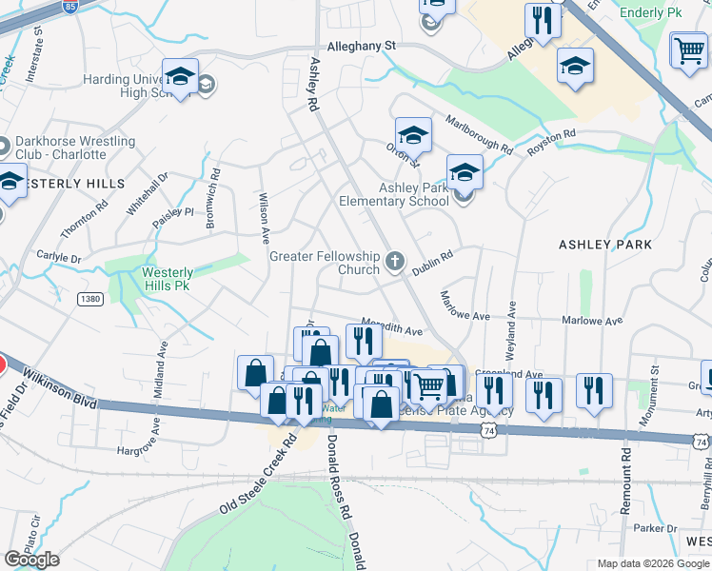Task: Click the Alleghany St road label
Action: pyautogui.click(x=361, y=45)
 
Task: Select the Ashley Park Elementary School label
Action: pyautogui.click(x=414, y=194)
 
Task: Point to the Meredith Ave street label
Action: pyautogui.click(x=391, y=327)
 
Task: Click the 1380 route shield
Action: pyautogui.click(x=90, y=299)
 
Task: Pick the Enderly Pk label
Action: pyautogui.click(x=651, y=13)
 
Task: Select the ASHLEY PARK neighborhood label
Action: pyautogui.click(x=604, y=245)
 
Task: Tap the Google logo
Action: pyautogui.click(x=31, y=560)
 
